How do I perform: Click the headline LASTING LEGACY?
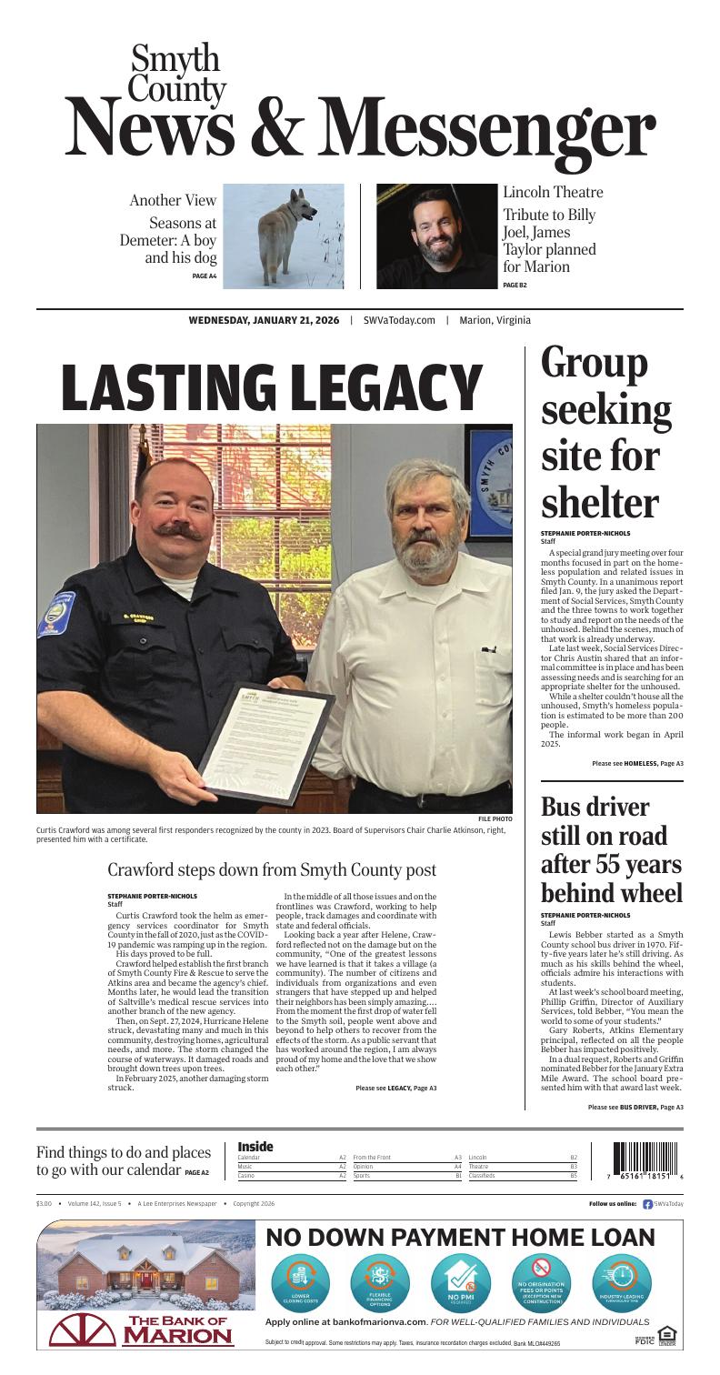coord(271,386)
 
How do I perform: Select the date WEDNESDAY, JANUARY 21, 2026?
coord(264,320)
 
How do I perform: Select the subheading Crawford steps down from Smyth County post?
coord(272,870)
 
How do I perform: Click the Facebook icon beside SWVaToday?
coord(647,1203)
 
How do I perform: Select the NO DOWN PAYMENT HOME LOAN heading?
coord(460,1238)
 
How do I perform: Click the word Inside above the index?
coord(255,1147)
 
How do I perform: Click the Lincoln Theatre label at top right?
coord(553,193)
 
